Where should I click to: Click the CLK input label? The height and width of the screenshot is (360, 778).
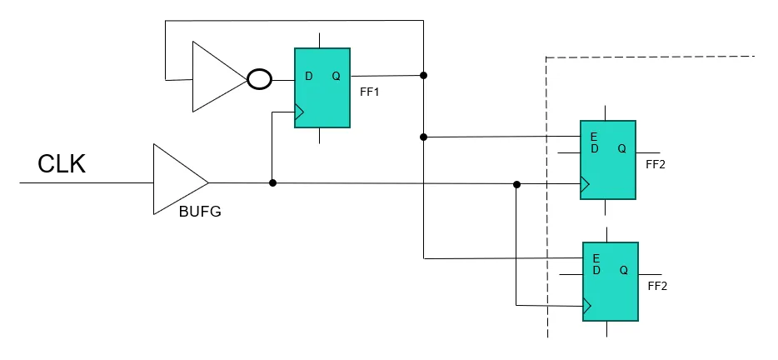coord(62,164)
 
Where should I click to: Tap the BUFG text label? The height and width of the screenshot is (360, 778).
coord(200,212)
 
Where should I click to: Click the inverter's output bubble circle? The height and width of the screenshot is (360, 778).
coord(260,80)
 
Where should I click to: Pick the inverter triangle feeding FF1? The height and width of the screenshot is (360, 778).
coord(217,77)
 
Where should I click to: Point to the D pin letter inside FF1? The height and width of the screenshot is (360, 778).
coord(309,77)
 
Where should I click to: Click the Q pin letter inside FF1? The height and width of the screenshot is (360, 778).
coord(336,77)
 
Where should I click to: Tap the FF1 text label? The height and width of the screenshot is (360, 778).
coord(370,92)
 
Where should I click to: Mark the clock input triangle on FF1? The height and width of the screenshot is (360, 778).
coord(300,112)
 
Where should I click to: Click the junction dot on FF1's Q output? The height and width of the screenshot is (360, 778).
coord(423,76)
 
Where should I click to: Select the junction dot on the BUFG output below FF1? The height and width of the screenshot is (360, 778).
coord(272,182)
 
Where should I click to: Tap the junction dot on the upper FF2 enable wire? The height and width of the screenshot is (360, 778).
coord(423,137)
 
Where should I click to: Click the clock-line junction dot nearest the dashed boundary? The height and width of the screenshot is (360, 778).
coord(516,184)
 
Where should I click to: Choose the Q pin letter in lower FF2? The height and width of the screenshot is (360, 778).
coord(624,270)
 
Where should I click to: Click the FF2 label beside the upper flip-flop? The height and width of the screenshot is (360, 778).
coord(656,164)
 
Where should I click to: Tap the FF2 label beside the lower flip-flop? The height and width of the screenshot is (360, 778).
coord(657,285)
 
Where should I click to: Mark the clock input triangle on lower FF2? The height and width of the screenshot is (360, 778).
coord(587,306)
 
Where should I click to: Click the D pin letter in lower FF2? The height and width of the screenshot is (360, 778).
coord(596,270)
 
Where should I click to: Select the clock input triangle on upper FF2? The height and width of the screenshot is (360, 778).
coord(586,184)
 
